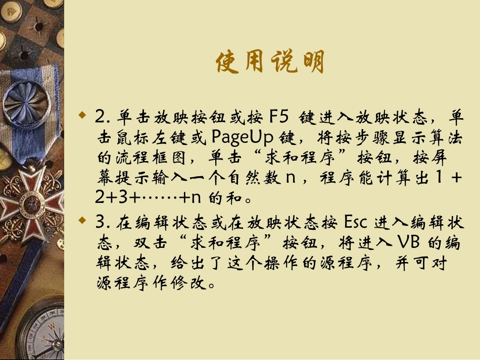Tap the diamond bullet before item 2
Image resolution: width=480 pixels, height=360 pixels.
pos(83,117)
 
